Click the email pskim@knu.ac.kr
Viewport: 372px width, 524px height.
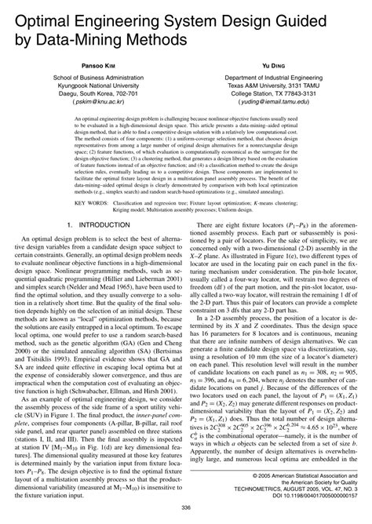coord(93,101)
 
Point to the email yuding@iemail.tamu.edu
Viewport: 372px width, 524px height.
coord(279,101)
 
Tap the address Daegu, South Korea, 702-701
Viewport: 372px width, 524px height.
coord(93,93)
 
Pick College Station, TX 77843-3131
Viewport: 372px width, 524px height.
coord(279,93)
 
